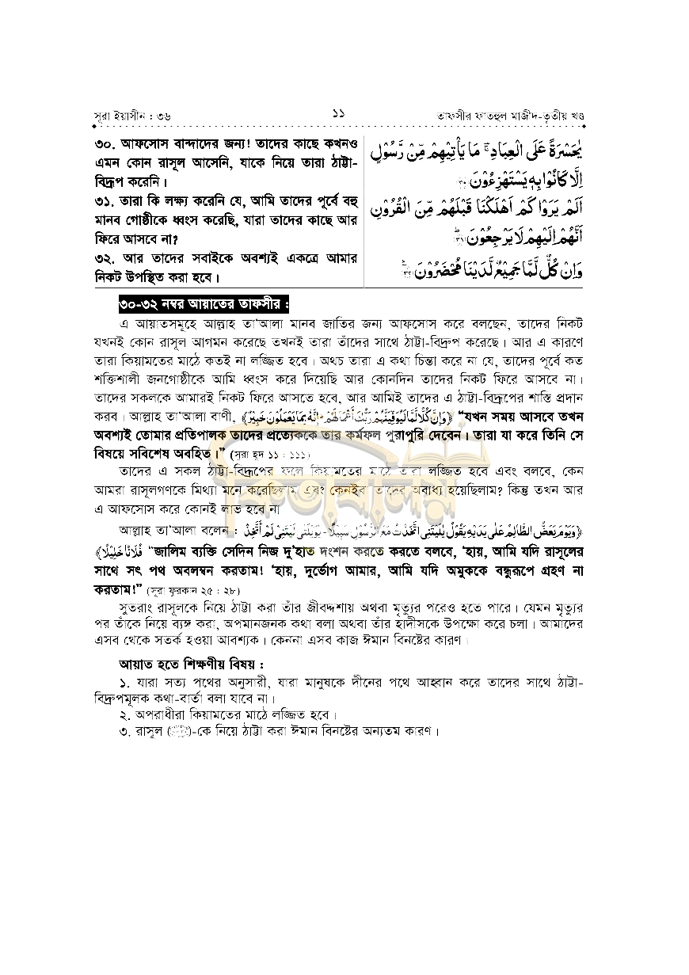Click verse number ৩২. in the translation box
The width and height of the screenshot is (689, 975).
[x=106, y=259]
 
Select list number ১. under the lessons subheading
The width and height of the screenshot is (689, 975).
[x=124, y=683]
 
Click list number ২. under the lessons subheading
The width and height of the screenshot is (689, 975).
[x=124, y=714]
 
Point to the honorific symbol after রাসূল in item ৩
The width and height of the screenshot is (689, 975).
[x=177, y=731]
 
